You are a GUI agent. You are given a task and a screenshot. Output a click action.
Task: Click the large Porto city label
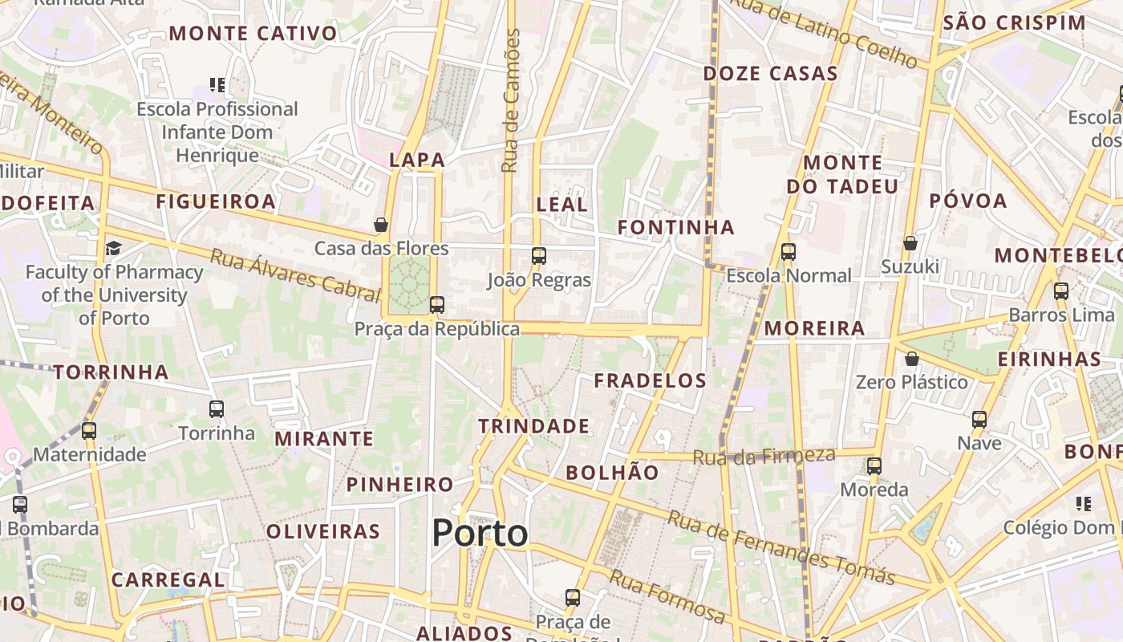tap(480, 534)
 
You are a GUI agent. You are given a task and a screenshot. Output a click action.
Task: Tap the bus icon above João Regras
tap(539, 256)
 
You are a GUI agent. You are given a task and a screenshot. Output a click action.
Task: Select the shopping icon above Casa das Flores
tap(381, 225)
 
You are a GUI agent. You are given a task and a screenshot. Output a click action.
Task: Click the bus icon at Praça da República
tap(437, 305)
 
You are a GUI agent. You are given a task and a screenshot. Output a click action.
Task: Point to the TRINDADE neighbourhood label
tap(534, 426)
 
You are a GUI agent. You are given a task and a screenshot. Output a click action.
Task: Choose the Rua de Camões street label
tap(511, 100)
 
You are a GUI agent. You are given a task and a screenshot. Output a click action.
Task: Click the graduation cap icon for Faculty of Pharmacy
tap(113, 248)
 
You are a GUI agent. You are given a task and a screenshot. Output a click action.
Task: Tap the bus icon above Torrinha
tap(217, 409)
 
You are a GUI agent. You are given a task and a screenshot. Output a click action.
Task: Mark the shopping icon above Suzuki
tap(910, 242)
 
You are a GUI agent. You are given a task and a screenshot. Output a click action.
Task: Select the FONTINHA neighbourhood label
tap(675, 227)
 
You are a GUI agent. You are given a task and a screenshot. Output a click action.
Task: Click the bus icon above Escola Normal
tap(789, 252)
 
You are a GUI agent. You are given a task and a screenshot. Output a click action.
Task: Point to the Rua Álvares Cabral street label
tap(294, 275)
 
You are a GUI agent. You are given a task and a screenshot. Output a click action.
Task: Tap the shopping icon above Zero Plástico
tap(911, 359)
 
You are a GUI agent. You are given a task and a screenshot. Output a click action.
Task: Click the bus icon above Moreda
tap(874, 465)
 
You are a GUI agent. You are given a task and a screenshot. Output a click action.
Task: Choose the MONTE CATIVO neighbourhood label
tap(253, 34)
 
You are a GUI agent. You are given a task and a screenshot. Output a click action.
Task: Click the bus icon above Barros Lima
tap(1061, 291)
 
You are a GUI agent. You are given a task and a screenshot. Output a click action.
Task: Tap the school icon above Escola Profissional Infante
tap(217, 84)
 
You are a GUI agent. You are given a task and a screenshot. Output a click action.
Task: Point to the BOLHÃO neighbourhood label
tap(612, 473)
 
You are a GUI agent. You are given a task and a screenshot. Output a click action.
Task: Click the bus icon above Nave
tap(979, 419)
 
